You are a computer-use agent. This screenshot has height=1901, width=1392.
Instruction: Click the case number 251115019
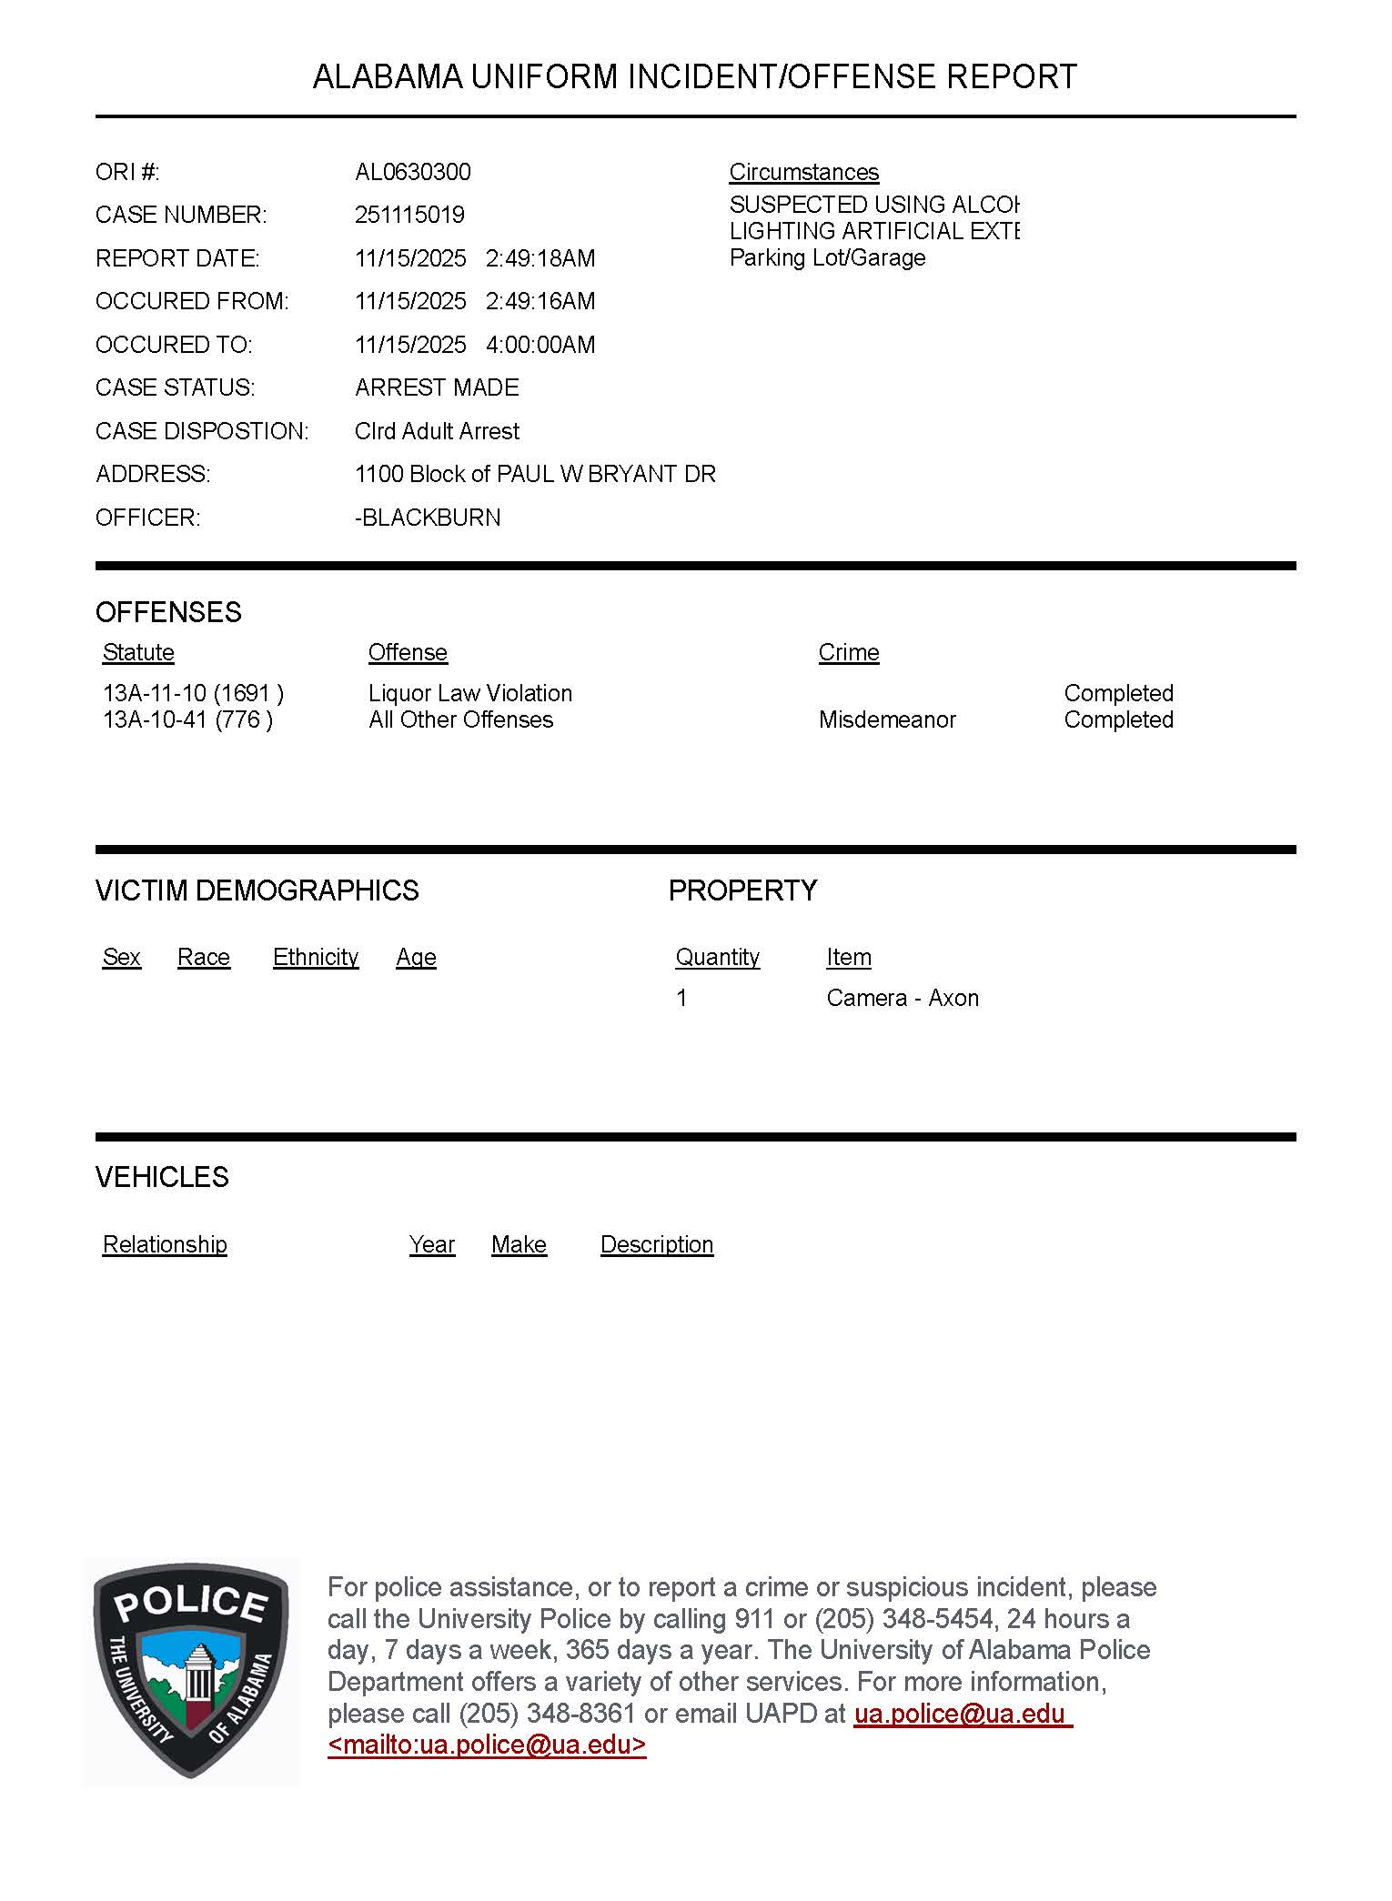point(409,215)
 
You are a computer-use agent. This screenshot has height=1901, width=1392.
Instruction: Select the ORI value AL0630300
point(413,172)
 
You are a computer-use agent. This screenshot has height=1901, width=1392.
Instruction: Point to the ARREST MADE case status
point(437,387)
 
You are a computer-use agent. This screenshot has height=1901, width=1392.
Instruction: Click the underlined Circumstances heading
point(803,172)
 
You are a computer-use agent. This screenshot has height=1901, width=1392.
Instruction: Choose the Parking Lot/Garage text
point(827,257)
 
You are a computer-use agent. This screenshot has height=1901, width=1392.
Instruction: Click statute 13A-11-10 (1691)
point(193,693)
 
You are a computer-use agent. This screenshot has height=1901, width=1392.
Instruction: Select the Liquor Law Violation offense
point(470,693)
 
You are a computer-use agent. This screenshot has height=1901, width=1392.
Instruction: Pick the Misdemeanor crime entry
point(887,719)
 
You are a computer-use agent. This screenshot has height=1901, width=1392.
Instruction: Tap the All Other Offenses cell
point(460,719)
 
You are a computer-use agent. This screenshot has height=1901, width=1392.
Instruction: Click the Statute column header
point(138,652)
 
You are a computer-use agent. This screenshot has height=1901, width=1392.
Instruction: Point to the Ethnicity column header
point(316,957)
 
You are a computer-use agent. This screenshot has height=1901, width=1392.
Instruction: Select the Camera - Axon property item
point(903,998)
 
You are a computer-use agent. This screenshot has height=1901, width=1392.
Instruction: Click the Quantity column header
point(717,957)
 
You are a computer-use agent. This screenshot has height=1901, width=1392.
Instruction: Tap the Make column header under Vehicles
point(519,1244)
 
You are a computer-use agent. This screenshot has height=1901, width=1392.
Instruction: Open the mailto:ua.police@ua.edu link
point(487,1745)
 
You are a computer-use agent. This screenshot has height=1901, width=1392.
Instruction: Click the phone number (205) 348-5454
point(903,1619)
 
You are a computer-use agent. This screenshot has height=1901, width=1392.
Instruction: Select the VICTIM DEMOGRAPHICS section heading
point(257,890)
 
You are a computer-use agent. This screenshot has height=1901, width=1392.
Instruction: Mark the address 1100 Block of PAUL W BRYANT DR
point(535,474)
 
